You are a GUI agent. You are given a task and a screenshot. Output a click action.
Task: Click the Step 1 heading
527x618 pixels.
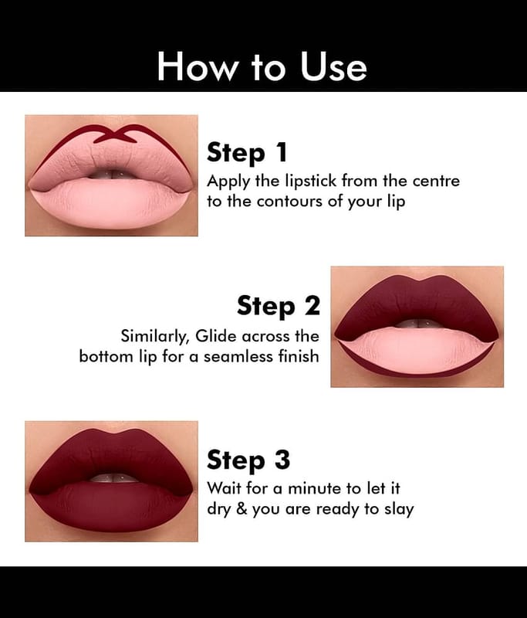click(x=247, y=153)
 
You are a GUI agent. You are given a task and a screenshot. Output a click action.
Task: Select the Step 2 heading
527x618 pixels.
click(x=279, y=305)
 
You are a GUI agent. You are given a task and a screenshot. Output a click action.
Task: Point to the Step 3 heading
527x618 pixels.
click(x=248, y=460)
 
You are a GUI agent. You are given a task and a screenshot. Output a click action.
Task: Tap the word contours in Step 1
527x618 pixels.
click(x=290, y=202)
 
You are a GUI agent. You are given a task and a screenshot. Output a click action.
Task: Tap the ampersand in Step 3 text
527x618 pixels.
click(x=242, y=509)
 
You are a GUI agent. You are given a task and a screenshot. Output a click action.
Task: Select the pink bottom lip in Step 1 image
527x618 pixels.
click(x=110, y=203)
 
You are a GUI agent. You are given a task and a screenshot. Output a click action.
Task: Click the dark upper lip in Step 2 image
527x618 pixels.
click(x=417, y=303)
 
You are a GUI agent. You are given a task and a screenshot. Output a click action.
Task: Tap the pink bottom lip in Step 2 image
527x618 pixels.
click(x=416, y=350)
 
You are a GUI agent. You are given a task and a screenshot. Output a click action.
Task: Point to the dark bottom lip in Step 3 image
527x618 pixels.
click(x=110, y=507)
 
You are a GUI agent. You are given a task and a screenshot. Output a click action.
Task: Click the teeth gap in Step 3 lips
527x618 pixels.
click(x=113, y=477)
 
